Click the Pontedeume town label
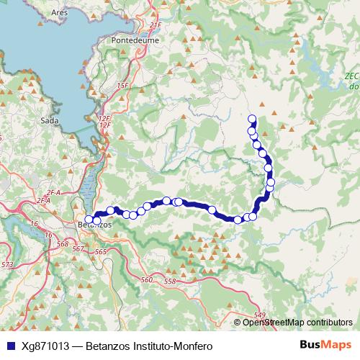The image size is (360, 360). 130,41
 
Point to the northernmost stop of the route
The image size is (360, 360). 252,119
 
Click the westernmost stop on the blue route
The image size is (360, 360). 89,219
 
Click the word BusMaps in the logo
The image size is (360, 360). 323,345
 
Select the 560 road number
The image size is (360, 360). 148,280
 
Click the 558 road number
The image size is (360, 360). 170,281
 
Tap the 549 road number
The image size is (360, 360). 261,315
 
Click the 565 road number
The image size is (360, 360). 100,251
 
